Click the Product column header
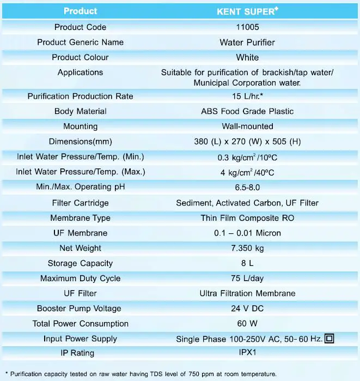pyautogui.click(x=80, y=11)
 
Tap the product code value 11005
pyautogui.click(x=247, y=27)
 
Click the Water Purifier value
pyautogui.click(x=247, y=43)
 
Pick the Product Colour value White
pyautogui.click(x=247, y=57)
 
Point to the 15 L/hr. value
pyautogui.click(x=247, y=96)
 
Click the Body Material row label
pyautogui.click(x=80, y=111)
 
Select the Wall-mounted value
pyautogui.click(x=247, y=126)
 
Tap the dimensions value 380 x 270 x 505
pyautogui.click(x=247, y=142)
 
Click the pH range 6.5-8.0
pyautogui.click(x=247, y=188)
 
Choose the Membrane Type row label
pyautogui.click(x=80, y=218)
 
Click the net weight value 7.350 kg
pyautogui.click(x=247, y=248)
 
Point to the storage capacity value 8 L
pyautogui.click(x=247, y=263)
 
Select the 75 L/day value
pyautogui.click(x=247, y=279)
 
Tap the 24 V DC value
pyautogui.click(x=247, y=309)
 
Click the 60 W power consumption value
pyautogui.click(x=247, y=324)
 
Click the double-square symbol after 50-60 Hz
pyautogui.click(x=329, y=338)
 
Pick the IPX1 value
pyautogui.click(x=247, y=353)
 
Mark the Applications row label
pyautogui.click(x=80, y=72)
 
